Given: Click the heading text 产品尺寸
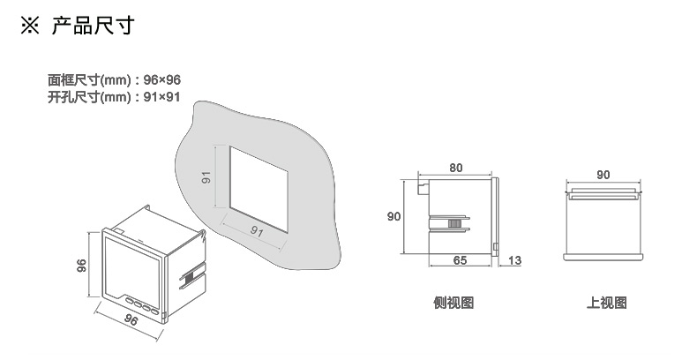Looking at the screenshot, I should [93, 26].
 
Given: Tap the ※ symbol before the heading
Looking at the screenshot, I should [33, 26].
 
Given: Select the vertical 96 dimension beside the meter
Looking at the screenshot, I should [81, 266].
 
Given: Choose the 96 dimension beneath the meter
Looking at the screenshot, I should [130, 319].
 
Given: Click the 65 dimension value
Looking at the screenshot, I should [459, 260].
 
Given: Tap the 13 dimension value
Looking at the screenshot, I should [516, 260].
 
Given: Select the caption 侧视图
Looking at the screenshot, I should [453, 303].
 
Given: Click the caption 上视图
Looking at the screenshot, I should [607, 303].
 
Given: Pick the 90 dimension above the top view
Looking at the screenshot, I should [603, 175].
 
